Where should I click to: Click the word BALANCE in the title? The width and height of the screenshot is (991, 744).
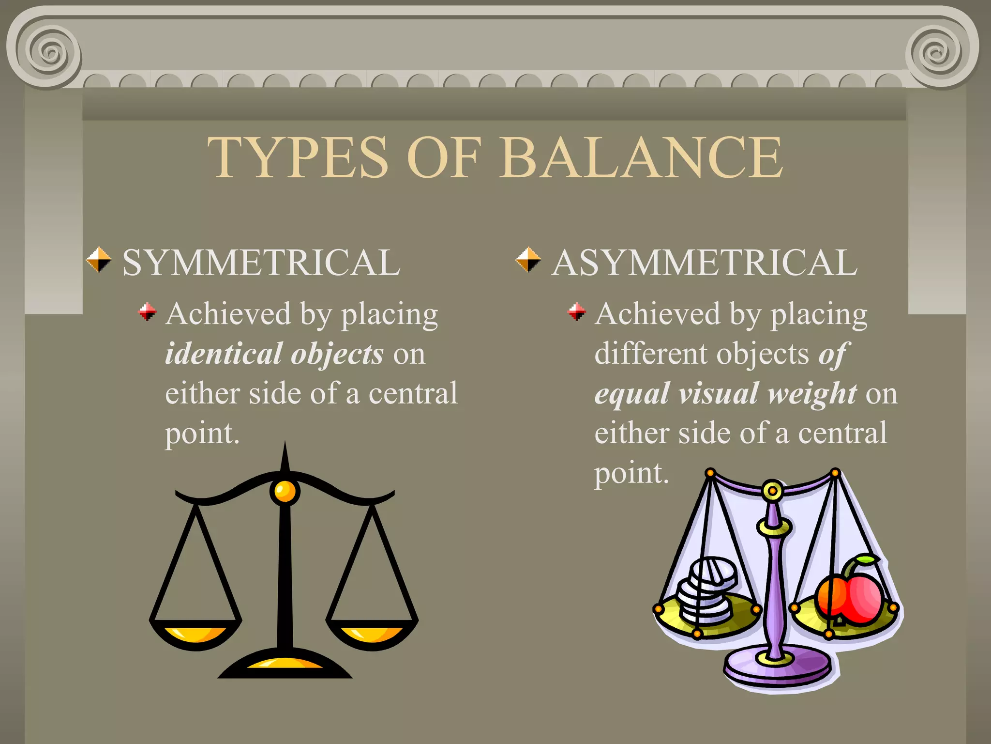pos(641,157)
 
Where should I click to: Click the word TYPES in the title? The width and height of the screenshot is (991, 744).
pos(298,157)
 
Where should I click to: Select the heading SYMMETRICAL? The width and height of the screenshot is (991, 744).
pos(261,263)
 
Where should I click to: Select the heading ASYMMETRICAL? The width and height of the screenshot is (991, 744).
pos(704,263)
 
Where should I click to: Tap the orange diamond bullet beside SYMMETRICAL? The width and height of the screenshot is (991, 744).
pos(99,260)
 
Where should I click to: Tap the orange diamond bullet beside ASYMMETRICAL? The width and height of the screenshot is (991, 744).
pos(528,260)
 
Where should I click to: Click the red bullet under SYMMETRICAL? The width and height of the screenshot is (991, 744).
pos(147,311)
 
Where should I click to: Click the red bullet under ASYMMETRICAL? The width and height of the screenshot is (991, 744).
pos(576,311)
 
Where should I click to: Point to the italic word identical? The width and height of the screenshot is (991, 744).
pos(224,354)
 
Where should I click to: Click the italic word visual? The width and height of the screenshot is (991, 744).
pos(719,393)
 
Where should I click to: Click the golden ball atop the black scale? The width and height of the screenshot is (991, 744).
pos(285,492)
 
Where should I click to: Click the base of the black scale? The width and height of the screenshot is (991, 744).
pos(285,665)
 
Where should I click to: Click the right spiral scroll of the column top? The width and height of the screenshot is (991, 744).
pos(937,52)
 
